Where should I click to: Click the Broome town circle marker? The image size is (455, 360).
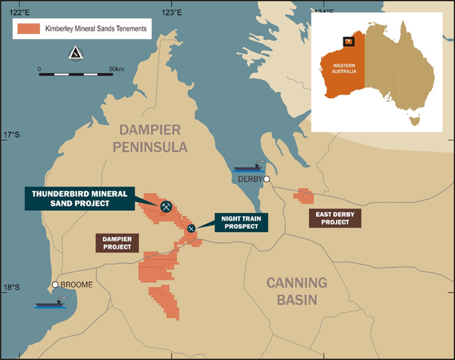[x=55, y=284]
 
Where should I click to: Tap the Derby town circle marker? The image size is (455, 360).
[x=267, y=179]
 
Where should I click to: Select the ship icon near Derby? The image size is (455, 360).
[x=248, y=167]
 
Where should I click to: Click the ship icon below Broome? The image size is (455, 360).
[x=50, y=303]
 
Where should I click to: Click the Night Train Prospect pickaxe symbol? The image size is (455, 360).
[x=191, y=229]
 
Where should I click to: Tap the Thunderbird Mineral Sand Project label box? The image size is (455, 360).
[x=79, y=199]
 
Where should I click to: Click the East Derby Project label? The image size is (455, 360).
[x=335, y=218]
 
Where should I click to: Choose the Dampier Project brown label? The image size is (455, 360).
[x=117, y=243]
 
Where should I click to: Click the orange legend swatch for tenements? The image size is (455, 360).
[x=28, y=28]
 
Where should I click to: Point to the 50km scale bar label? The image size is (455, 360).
[x=116, y=69]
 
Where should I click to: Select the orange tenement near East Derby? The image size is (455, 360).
[x=303, y=195]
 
